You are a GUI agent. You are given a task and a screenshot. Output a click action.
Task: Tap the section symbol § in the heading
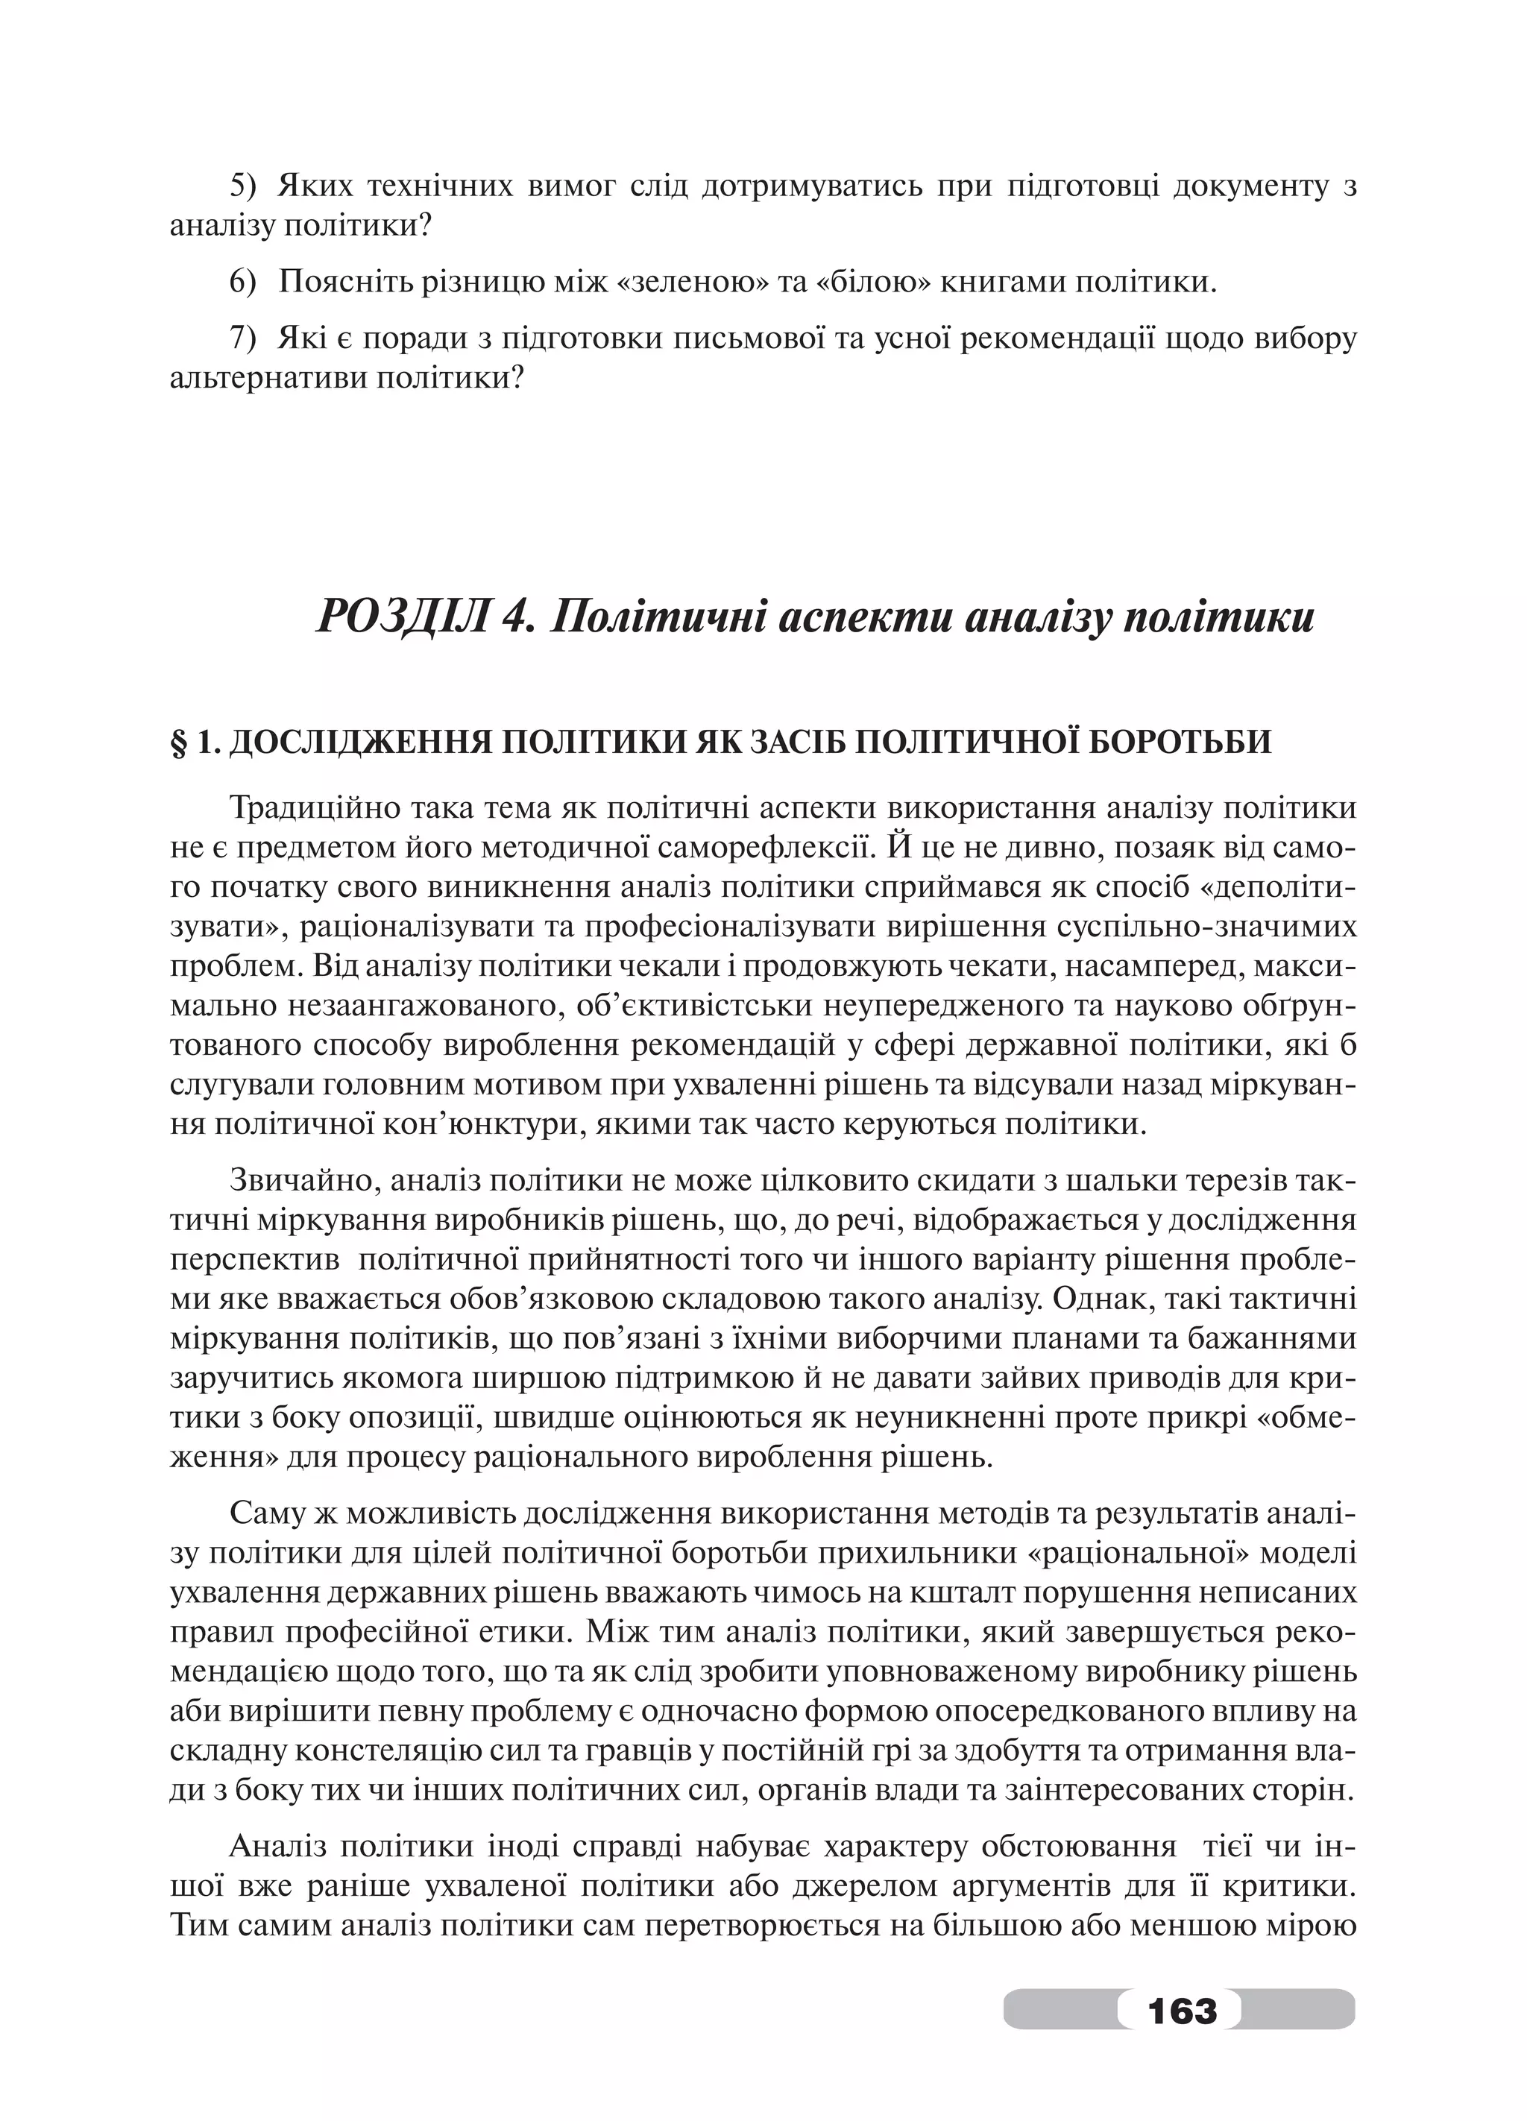coord(179,742)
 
